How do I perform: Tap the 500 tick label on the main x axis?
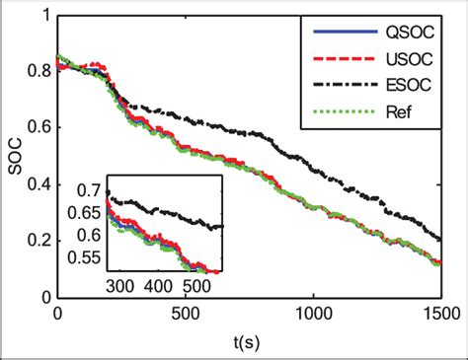coord(185,314)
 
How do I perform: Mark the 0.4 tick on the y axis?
coord(39,183)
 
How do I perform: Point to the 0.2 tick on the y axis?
coord(39,240)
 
